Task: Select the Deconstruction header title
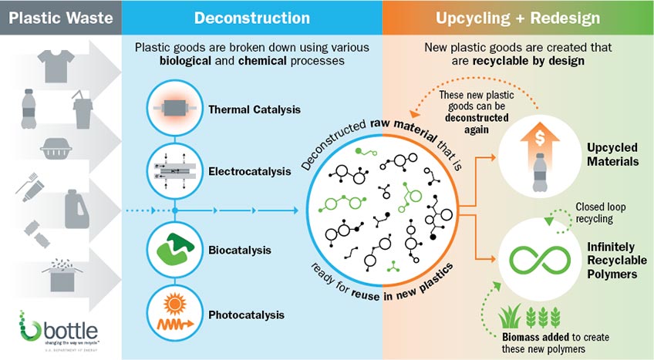(251, 18)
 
